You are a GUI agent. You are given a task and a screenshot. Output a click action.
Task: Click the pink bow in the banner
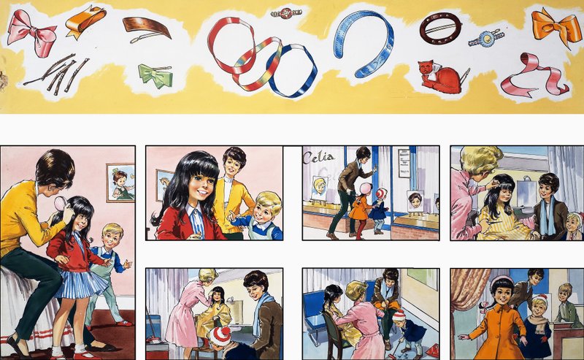(x=31, y=32)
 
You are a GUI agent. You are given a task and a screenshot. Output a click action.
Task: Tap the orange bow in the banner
(x=552, y=26)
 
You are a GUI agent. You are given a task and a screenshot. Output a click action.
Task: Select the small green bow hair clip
(x=155, y=75)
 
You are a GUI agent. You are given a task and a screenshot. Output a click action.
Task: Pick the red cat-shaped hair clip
(x=439, y=77)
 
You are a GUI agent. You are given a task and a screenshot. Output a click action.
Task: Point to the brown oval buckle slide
(x=441, y=28)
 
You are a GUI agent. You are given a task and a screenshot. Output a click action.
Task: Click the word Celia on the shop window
(x=318, y=158)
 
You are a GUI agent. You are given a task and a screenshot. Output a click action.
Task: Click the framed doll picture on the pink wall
(x=120, y=183)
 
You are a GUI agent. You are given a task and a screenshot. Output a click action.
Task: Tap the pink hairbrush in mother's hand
(x=60, y=203)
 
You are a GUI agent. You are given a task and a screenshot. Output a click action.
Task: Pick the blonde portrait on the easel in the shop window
(x=320, y=188)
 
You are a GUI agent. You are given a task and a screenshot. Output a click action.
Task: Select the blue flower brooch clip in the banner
(x=486, y=39)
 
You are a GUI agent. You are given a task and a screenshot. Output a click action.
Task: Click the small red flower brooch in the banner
(x=286, y=13)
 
